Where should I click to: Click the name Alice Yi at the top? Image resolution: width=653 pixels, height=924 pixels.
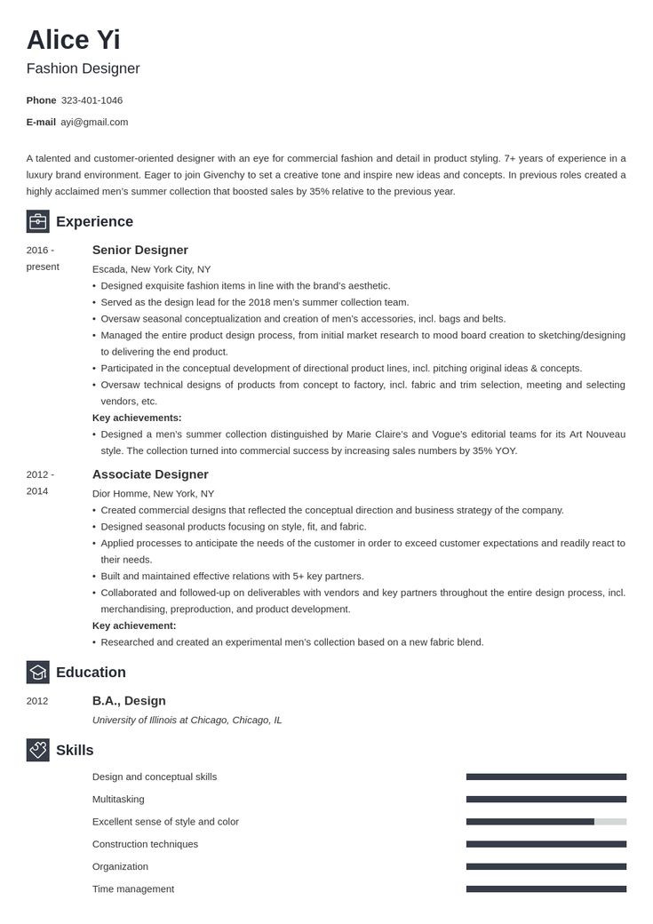coord(73,40)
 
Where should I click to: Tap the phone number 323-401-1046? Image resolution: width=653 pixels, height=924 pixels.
coord(92,100)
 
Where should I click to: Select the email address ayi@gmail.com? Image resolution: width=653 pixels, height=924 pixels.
coord(94,122)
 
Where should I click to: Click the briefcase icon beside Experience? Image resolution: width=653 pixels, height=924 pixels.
coord(37,221)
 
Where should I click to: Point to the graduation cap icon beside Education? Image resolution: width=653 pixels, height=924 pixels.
coord(37,672)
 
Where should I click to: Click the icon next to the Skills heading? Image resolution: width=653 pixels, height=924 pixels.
coord(37,750)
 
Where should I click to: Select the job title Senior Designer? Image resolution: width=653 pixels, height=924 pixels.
coord(140,250)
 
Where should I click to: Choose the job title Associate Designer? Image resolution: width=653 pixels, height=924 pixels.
coord(150,474)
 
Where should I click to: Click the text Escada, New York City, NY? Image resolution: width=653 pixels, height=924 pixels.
coord(151,269)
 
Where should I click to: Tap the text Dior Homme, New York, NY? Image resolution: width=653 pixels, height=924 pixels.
coord(153,493)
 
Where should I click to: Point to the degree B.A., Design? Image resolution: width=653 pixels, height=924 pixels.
coord(129,700)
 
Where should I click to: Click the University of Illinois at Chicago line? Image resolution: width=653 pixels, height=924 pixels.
coord(187,720)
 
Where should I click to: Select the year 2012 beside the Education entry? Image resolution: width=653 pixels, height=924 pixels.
coord(37,701)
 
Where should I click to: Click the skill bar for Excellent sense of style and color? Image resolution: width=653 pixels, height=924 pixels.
coord(545,822)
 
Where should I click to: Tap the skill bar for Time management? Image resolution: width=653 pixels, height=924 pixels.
coord(545,888)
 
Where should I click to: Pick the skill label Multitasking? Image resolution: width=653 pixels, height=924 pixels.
coord(118,800)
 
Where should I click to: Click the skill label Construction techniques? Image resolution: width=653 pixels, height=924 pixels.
coord(145,844)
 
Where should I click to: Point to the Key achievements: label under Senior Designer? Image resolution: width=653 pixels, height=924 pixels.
coord(137,418)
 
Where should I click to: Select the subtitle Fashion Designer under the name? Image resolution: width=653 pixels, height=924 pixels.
coord(83,68)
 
